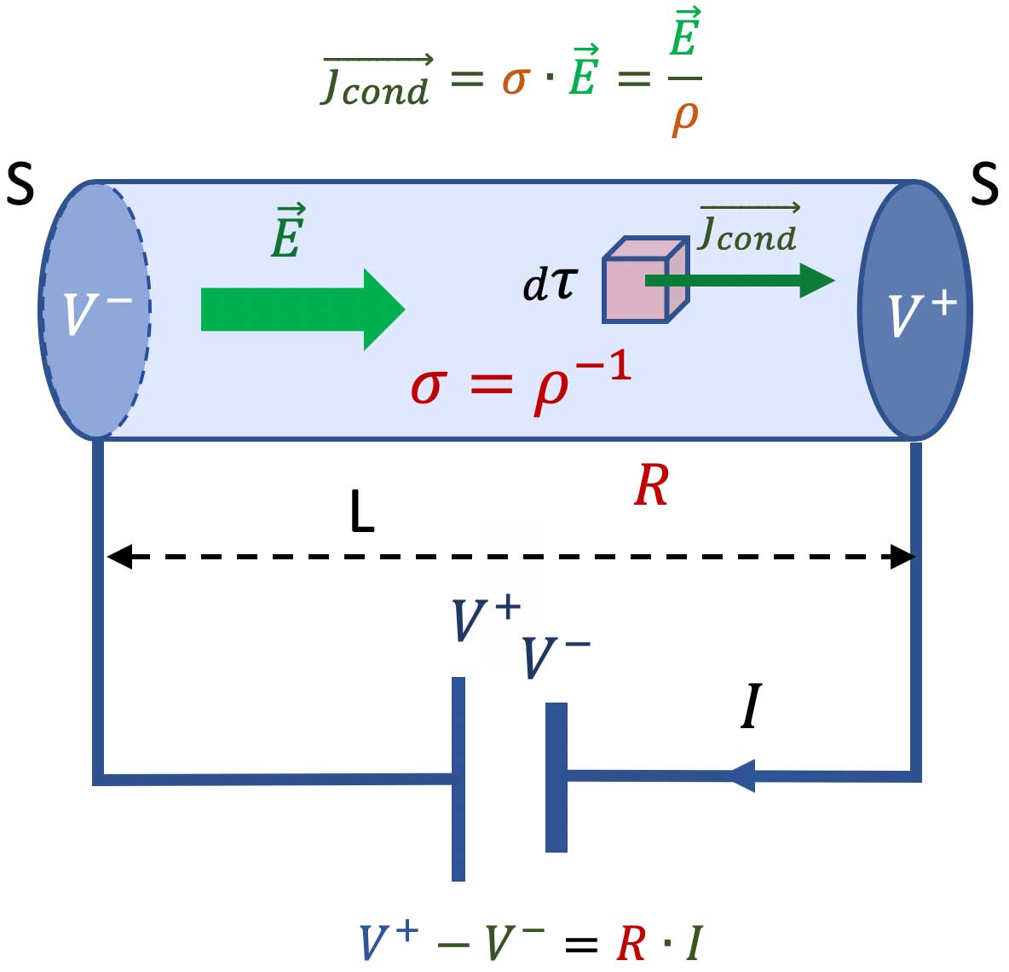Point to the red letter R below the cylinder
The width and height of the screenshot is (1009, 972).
651,487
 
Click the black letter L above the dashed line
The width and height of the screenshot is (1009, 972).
362,513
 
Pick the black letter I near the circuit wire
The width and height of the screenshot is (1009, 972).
750,708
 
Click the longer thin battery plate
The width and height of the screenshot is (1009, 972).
458,778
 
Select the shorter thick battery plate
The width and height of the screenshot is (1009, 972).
556,777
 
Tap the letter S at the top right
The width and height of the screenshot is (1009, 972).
984,184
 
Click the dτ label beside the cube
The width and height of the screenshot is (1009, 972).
550,284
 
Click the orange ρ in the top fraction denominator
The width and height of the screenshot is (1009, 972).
684,118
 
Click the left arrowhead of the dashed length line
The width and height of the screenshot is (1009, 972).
118,558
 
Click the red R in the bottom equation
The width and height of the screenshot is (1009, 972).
631,944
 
